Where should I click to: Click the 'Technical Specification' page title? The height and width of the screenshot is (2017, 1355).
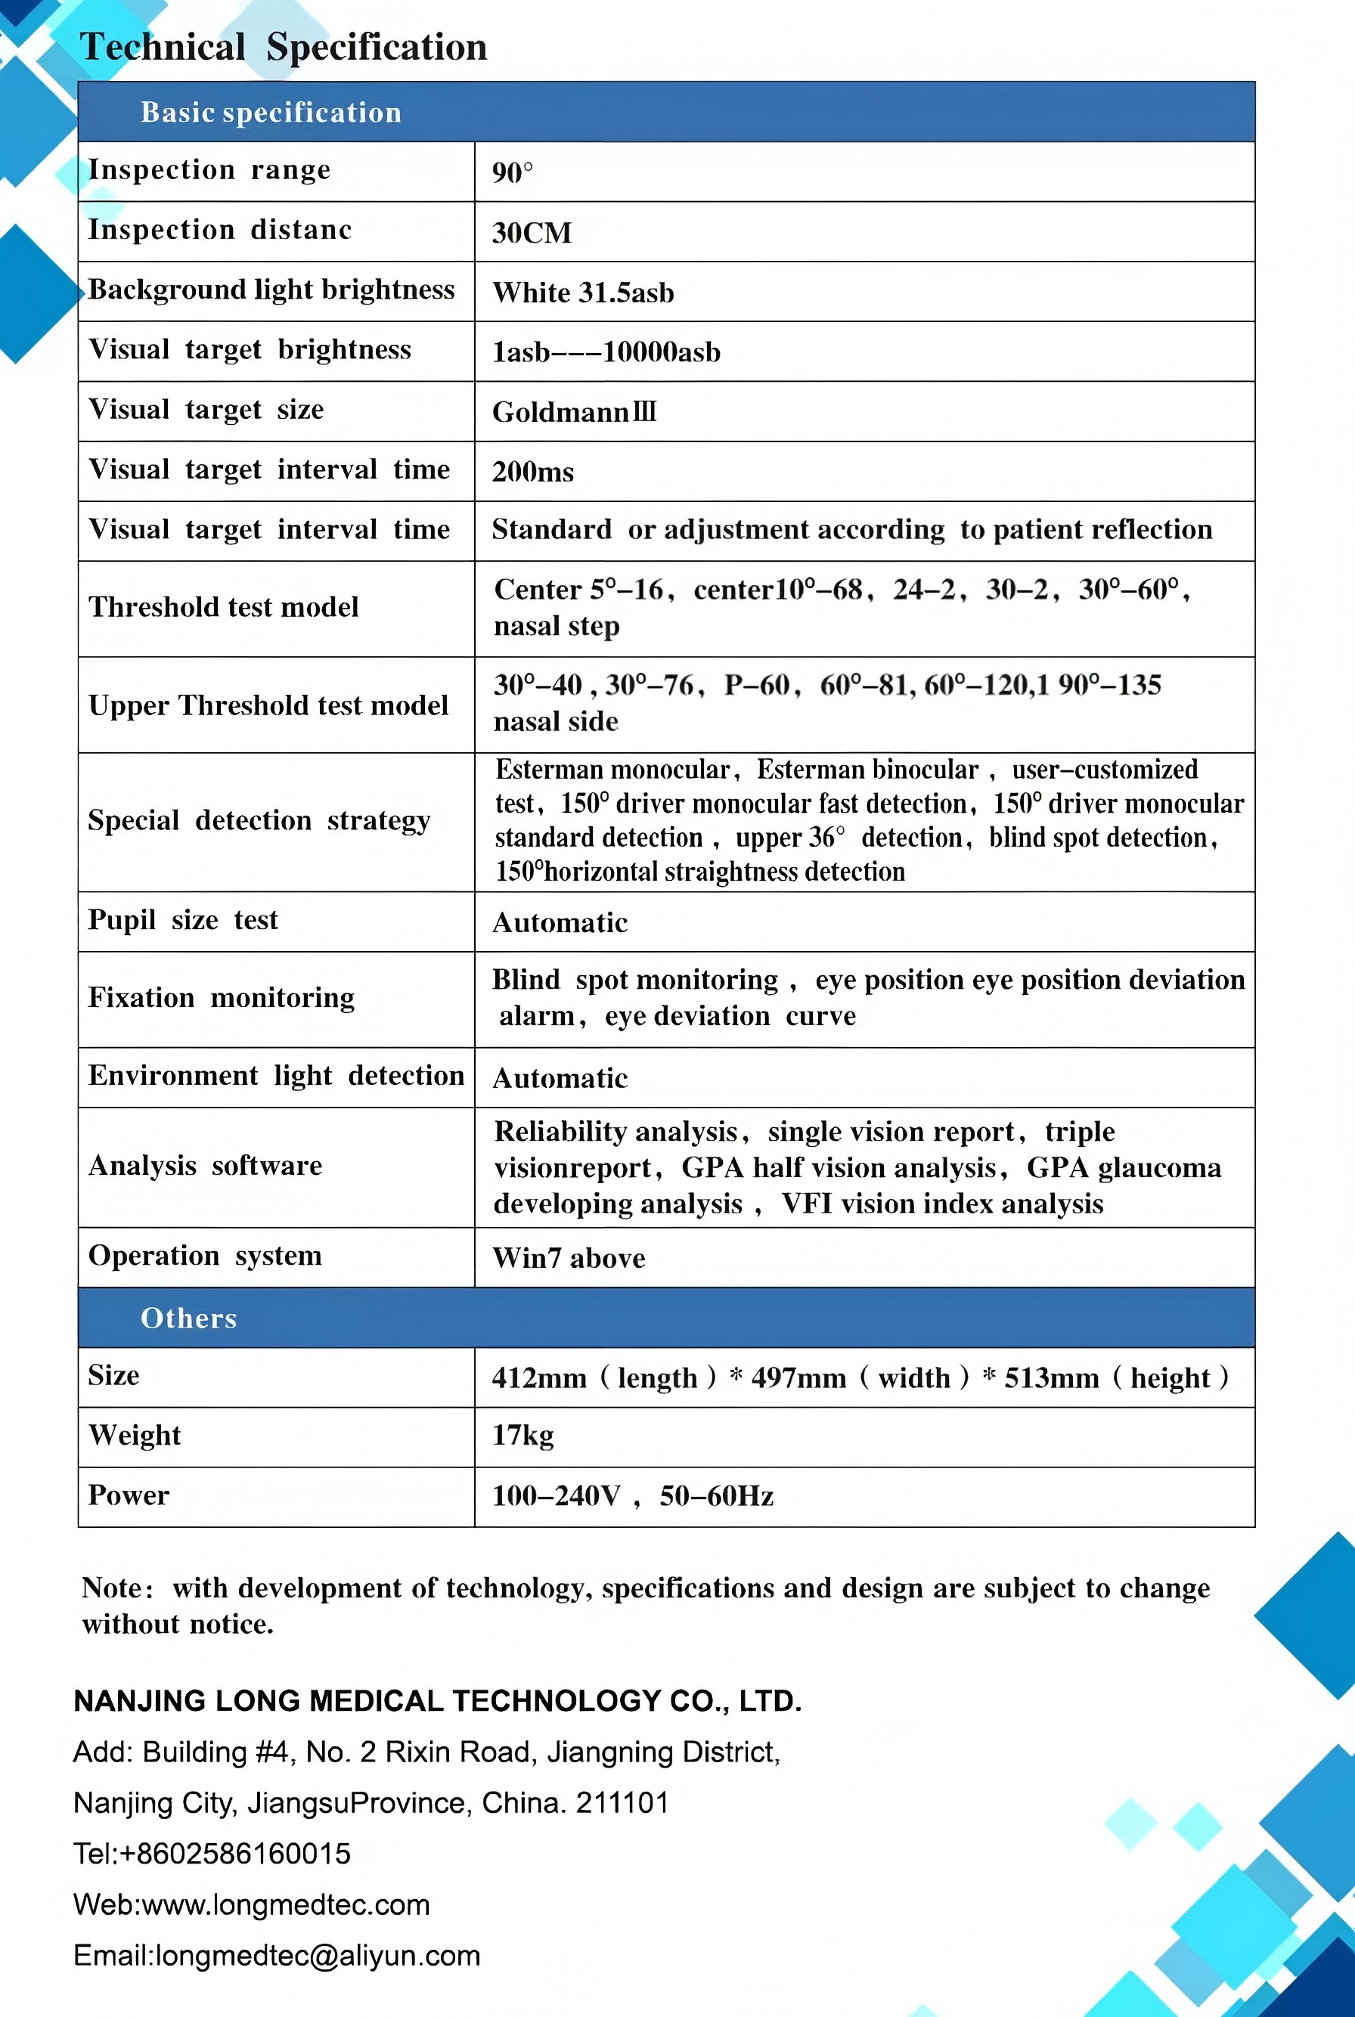pyautogui.click(x=284, y=47)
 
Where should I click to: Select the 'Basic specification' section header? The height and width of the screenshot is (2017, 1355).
pyautogui.click(x=271, y=113)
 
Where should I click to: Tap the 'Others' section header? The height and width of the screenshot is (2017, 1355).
pyautogui.click(x=188, y=1318)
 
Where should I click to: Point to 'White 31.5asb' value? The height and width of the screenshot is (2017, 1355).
pyautogui.click(x=583, y=293)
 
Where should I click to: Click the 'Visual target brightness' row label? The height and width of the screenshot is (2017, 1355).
pyautogui.click(x=249, y=350)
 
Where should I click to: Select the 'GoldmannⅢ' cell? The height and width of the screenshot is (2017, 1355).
pyautogui.click(x=575, y=412)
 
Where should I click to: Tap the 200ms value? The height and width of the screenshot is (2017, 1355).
pyautogui.click(x=532, y=472)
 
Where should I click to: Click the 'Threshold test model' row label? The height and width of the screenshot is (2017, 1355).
pyautogui.click(x=223, y=607)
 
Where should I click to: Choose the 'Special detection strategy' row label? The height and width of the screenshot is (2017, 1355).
pyautogui.click(x=259, y=820)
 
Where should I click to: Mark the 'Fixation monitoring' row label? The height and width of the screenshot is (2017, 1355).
pyautogui.click(x=222, y=998)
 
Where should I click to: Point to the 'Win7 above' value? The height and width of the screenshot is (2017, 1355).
pyautogui.click(x=569, y=1258)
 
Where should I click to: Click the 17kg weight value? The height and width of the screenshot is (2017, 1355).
pyautogui.click(x=522, y=1436)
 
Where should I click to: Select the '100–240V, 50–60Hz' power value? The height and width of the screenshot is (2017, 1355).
pyautogui.click(x=633, y=1496)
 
